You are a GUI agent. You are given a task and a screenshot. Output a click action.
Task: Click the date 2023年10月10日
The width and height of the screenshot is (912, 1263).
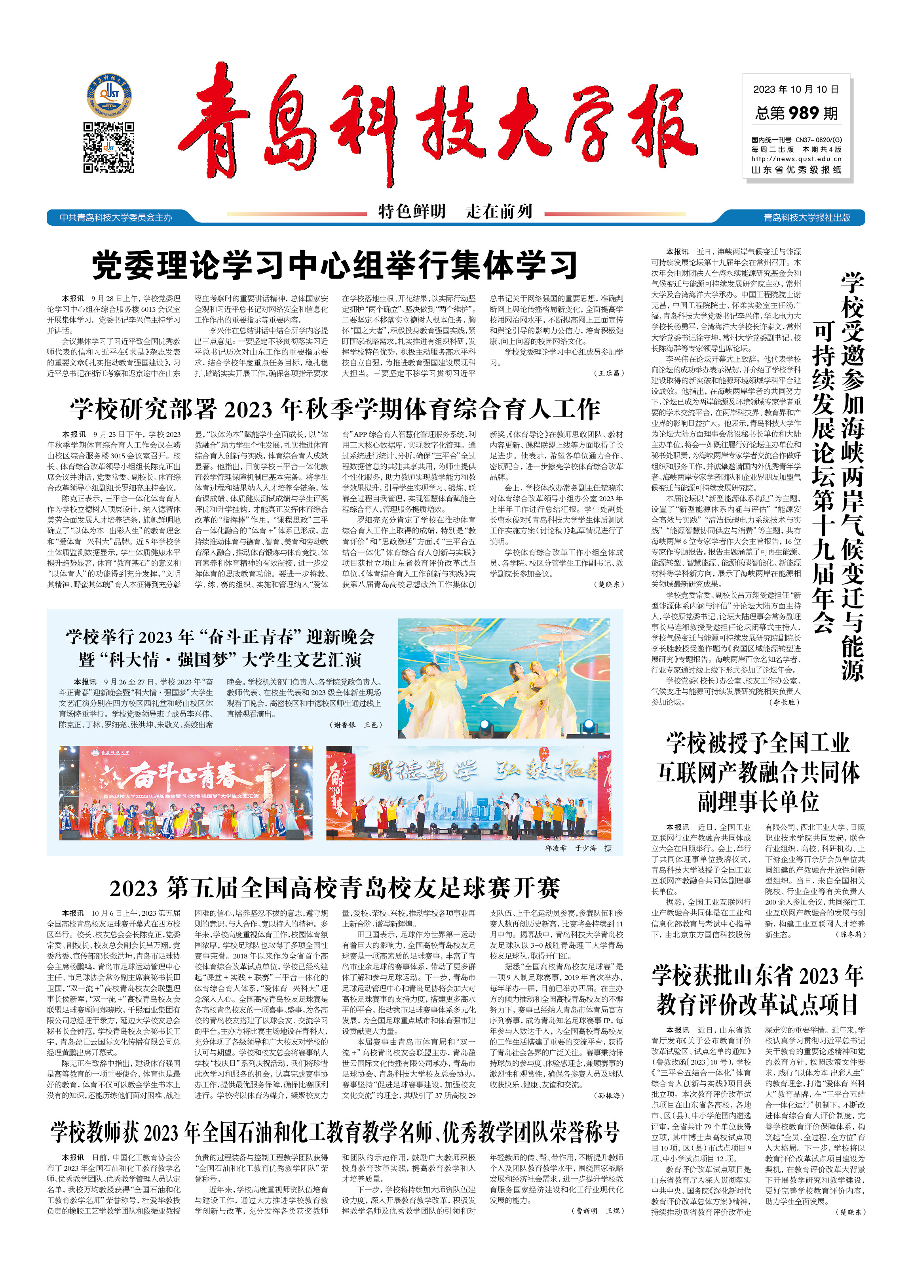796,89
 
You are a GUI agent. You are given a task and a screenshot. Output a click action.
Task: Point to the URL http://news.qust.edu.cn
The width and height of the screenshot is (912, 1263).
796,159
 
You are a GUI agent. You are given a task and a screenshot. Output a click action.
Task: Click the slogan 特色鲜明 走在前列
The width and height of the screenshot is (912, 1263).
455,211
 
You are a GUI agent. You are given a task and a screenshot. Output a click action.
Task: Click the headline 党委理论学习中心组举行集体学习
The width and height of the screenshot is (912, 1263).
334,266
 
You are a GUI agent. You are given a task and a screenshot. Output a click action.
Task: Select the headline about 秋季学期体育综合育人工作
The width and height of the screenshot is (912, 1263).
334,409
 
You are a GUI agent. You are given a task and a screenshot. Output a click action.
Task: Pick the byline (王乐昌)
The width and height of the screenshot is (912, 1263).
609,373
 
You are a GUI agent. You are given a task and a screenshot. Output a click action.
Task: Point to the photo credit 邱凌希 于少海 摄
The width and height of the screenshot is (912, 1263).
578,848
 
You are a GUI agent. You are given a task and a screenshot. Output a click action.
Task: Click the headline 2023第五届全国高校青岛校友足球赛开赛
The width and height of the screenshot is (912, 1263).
334,888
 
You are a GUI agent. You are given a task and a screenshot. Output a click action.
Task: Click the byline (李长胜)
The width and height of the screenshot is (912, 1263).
785,702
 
